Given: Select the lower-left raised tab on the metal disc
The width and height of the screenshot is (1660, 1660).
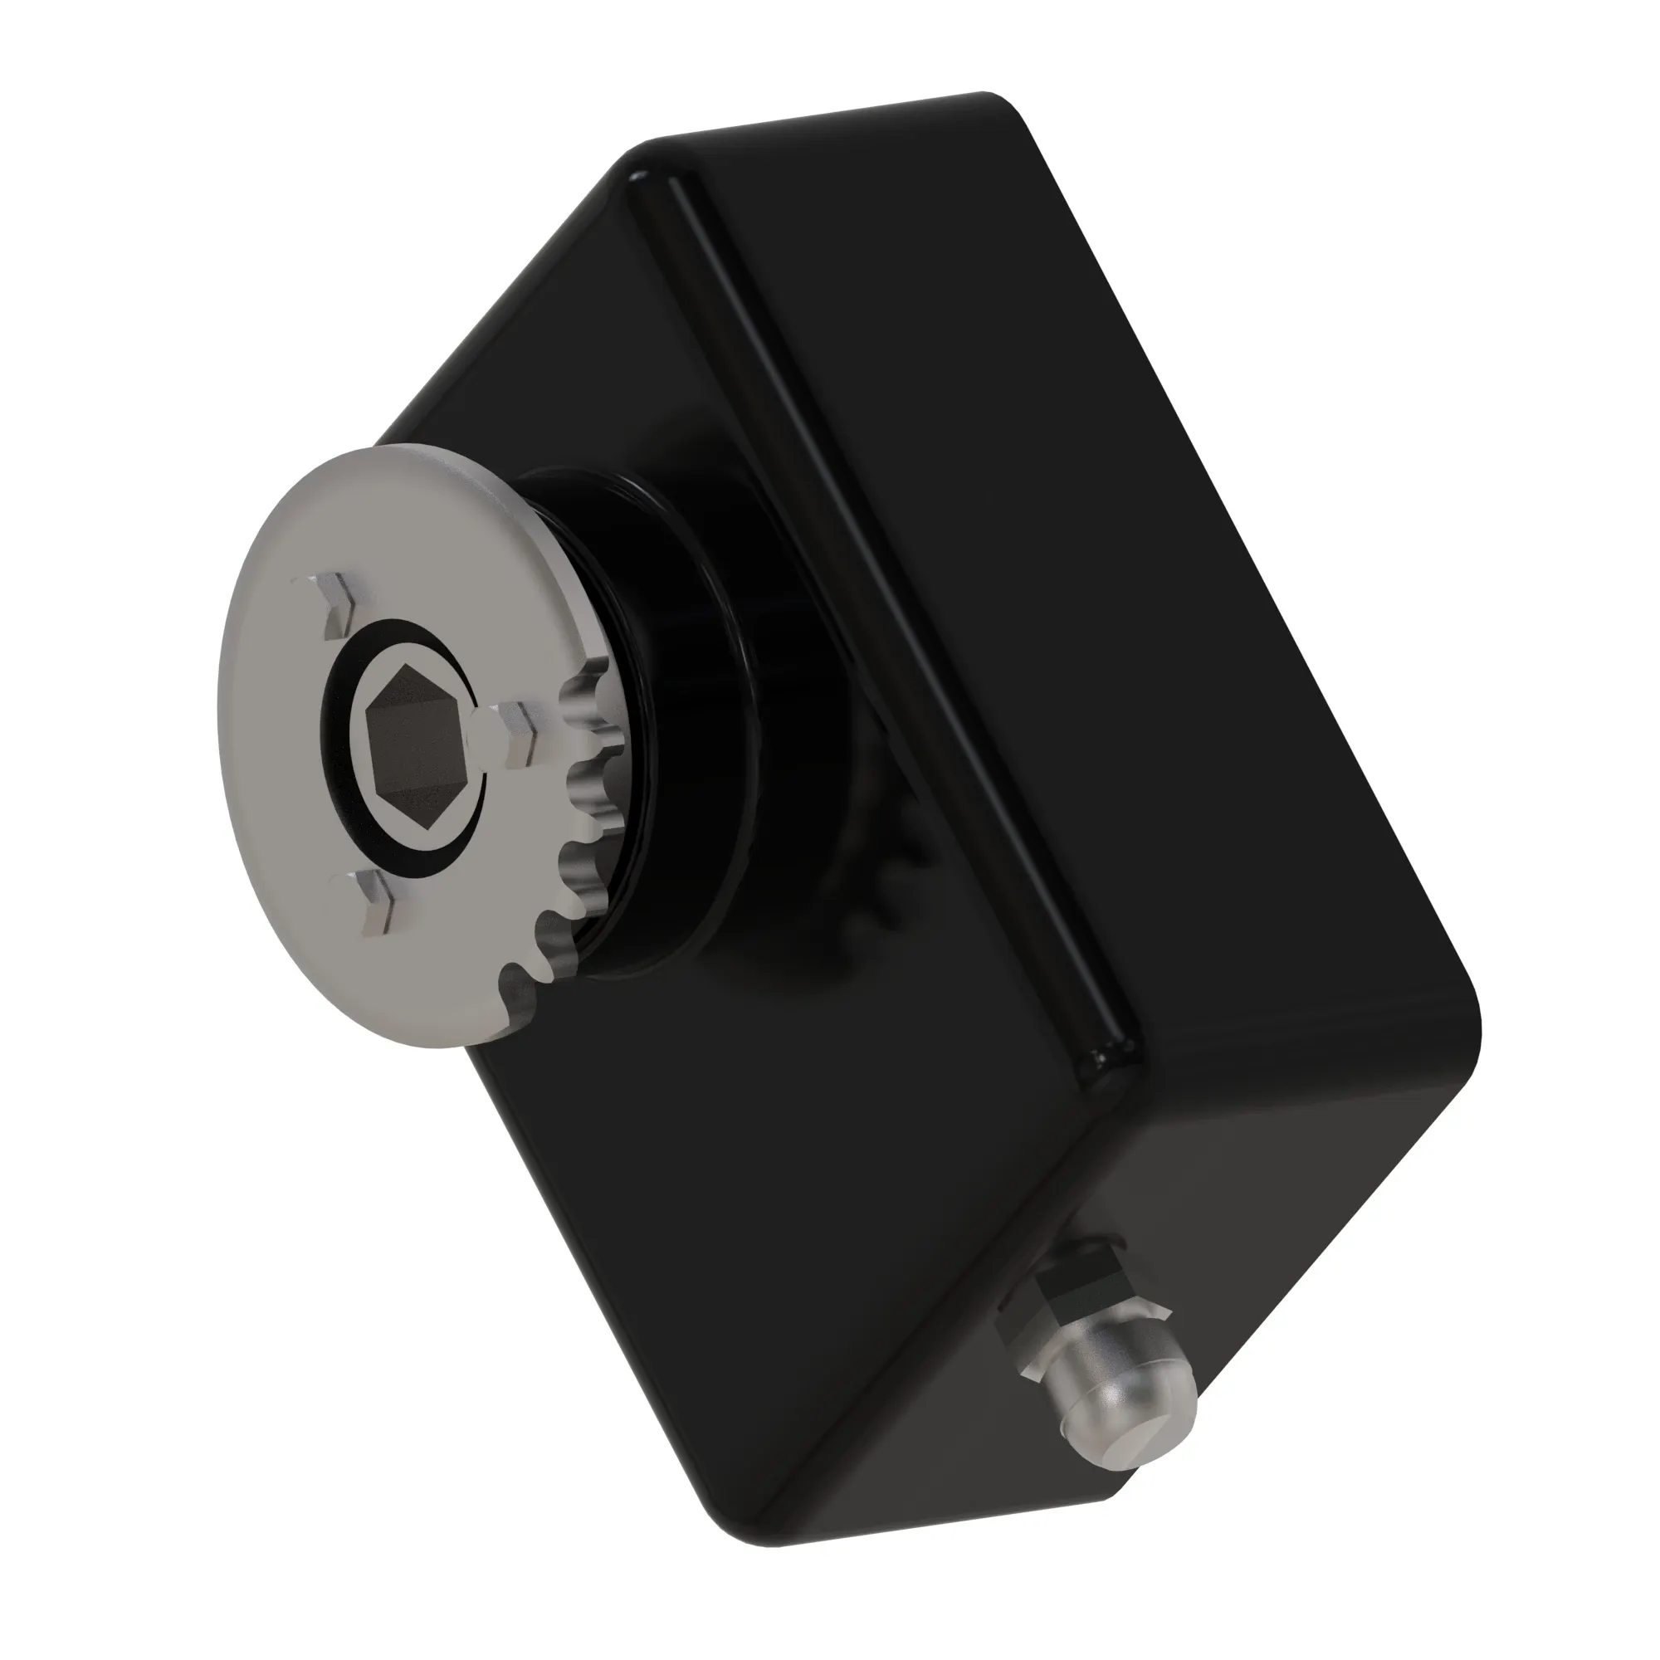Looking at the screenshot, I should [x=369, y=902].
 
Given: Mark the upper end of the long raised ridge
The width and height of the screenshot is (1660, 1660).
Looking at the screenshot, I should [x=653, y=185].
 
